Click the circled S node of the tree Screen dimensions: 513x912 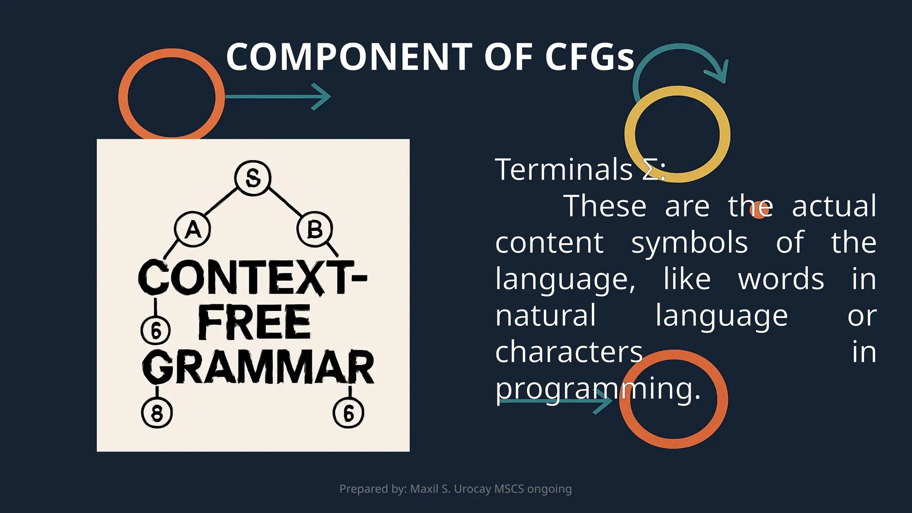pos(252,178)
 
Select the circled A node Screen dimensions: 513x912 pos(192,230)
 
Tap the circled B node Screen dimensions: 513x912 pos(315,230)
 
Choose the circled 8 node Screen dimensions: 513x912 pos(157,413)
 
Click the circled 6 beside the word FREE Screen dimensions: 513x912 pos(155,331)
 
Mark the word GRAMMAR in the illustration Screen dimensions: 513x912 pos(258,367)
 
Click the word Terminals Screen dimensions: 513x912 pos(564,170)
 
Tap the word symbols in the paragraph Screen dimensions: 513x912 pos(689,243)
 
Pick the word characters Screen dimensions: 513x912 pos(569,352)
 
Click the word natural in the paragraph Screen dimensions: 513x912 pos(546,316)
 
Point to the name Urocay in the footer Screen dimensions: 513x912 pos(472,489)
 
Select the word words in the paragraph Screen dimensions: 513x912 pos(781,280)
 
